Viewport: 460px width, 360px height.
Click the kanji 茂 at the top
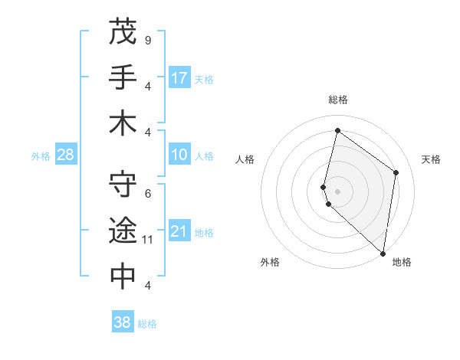[x=123, y=31]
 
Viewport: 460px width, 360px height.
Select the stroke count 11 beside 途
[x=148, y=240]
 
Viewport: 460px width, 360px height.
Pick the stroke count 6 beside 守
[x=147, y=193]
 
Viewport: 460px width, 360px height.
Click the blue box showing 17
[x=179, y=78]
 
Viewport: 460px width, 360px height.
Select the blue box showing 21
[x=179, y=231]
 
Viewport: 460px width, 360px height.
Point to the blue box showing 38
[x=123, y=322]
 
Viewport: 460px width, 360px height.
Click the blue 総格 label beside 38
[x=147, y=324]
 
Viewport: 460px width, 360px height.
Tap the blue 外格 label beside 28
[x=41, y=156]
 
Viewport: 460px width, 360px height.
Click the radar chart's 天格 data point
[x=396, y=172]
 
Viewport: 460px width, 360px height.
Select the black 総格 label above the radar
[x=337, y=100]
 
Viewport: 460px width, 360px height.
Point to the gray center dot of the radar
[x=337, y=190]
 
